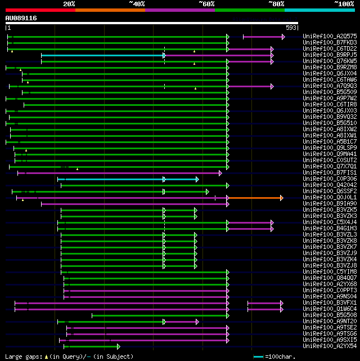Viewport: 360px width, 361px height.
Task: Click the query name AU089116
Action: click(x=21, y=18)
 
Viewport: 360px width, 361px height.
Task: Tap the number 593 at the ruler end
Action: click(x=291, y=28)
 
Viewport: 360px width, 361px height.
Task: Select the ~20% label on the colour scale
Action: click(x=69, y=3)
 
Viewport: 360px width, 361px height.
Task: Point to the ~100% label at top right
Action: click(x=344, y=3)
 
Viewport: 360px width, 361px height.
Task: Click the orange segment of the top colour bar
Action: click(x=110, y=10)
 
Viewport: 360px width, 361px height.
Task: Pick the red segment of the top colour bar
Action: click(x=40, y=10)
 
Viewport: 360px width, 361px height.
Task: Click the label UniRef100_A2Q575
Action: click(x=330, y=37)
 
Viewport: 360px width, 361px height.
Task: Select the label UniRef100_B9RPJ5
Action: click(x=330, y=55)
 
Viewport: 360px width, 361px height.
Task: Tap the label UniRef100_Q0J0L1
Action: click(x=330, y=198)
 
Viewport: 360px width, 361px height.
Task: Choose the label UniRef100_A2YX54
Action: click(x=330, y=346)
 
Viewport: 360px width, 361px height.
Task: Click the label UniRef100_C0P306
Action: click(x=330, y=179)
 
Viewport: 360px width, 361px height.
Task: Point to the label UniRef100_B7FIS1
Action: click(x=330, y=173)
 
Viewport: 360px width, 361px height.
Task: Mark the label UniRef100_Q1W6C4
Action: click(x=330, y=309)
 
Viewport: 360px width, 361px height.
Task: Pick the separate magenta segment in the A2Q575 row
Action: click(x=263, y=37)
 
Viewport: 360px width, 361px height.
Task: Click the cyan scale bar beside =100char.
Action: click(x=259, y=357)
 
